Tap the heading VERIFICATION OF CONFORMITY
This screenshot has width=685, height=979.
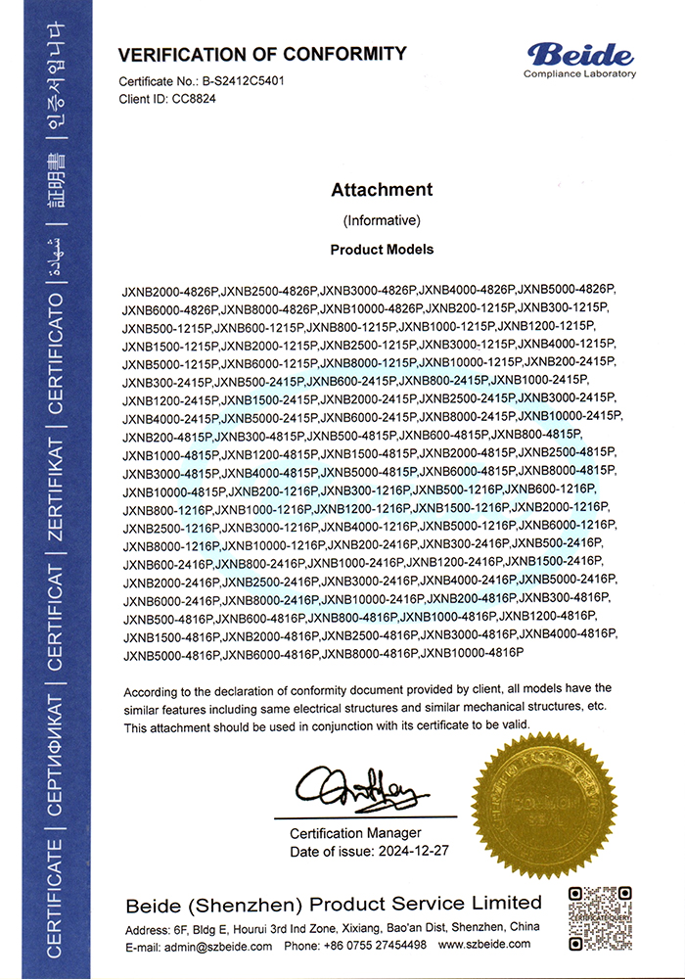tap(262, 54)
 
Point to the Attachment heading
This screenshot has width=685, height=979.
tap(382, 189)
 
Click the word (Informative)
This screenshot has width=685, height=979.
tap(382, 219)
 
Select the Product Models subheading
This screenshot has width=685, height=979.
tap(382, 250)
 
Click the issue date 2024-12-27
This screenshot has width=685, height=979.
tap(412, 851)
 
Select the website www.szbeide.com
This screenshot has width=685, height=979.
tap(484, 945)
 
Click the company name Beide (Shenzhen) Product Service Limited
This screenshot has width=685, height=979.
tap(333, 902)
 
